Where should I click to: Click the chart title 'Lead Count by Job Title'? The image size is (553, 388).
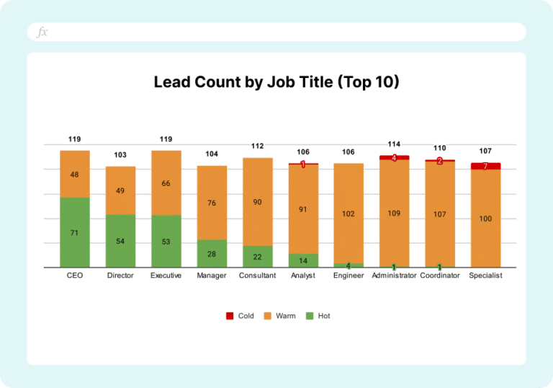click(276, 82)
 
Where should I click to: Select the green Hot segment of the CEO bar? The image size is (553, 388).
click(75, 232)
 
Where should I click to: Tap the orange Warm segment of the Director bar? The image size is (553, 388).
click(121, 190)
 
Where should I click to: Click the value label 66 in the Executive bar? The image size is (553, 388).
click(166, 184)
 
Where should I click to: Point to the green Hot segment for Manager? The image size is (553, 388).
click(212, 253)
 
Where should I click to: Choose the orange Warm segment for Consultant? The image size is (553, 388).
click(258, 202)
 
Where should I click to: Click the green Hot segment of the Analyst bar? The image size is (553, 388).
click(303, 260)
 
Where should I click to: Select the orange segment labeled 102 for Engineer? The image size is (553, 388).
click(349, 213)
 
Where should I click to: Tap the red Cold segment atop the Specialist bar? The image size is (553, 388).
click(485, 166)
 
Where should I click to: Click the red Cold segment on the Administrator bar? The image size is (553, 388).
click(394, 157)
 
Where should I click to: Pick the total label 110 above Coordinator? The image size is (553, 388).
click(440, 148)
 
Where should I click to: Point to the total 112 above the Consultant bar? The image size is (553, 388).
click(258, 146)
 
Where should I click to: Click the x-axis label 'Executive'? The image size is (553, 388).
click(166, 275)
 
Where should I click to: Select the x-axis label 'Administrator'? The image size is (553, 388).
click(394, 275)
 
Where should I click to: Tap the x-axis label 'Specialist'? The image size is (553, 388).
click(485, 275)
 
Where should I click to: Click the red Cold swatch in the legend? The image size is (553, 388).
click(230, 316)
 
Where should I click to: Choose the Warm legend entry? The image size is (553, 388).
click(279, 316)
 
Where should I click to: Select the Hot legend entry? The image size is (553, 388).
click(318, 316)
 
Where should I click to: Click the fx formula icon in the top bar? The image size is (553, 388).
click(42, 32)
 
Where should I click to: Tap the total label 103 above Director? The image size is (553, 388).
click(121, 155)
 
